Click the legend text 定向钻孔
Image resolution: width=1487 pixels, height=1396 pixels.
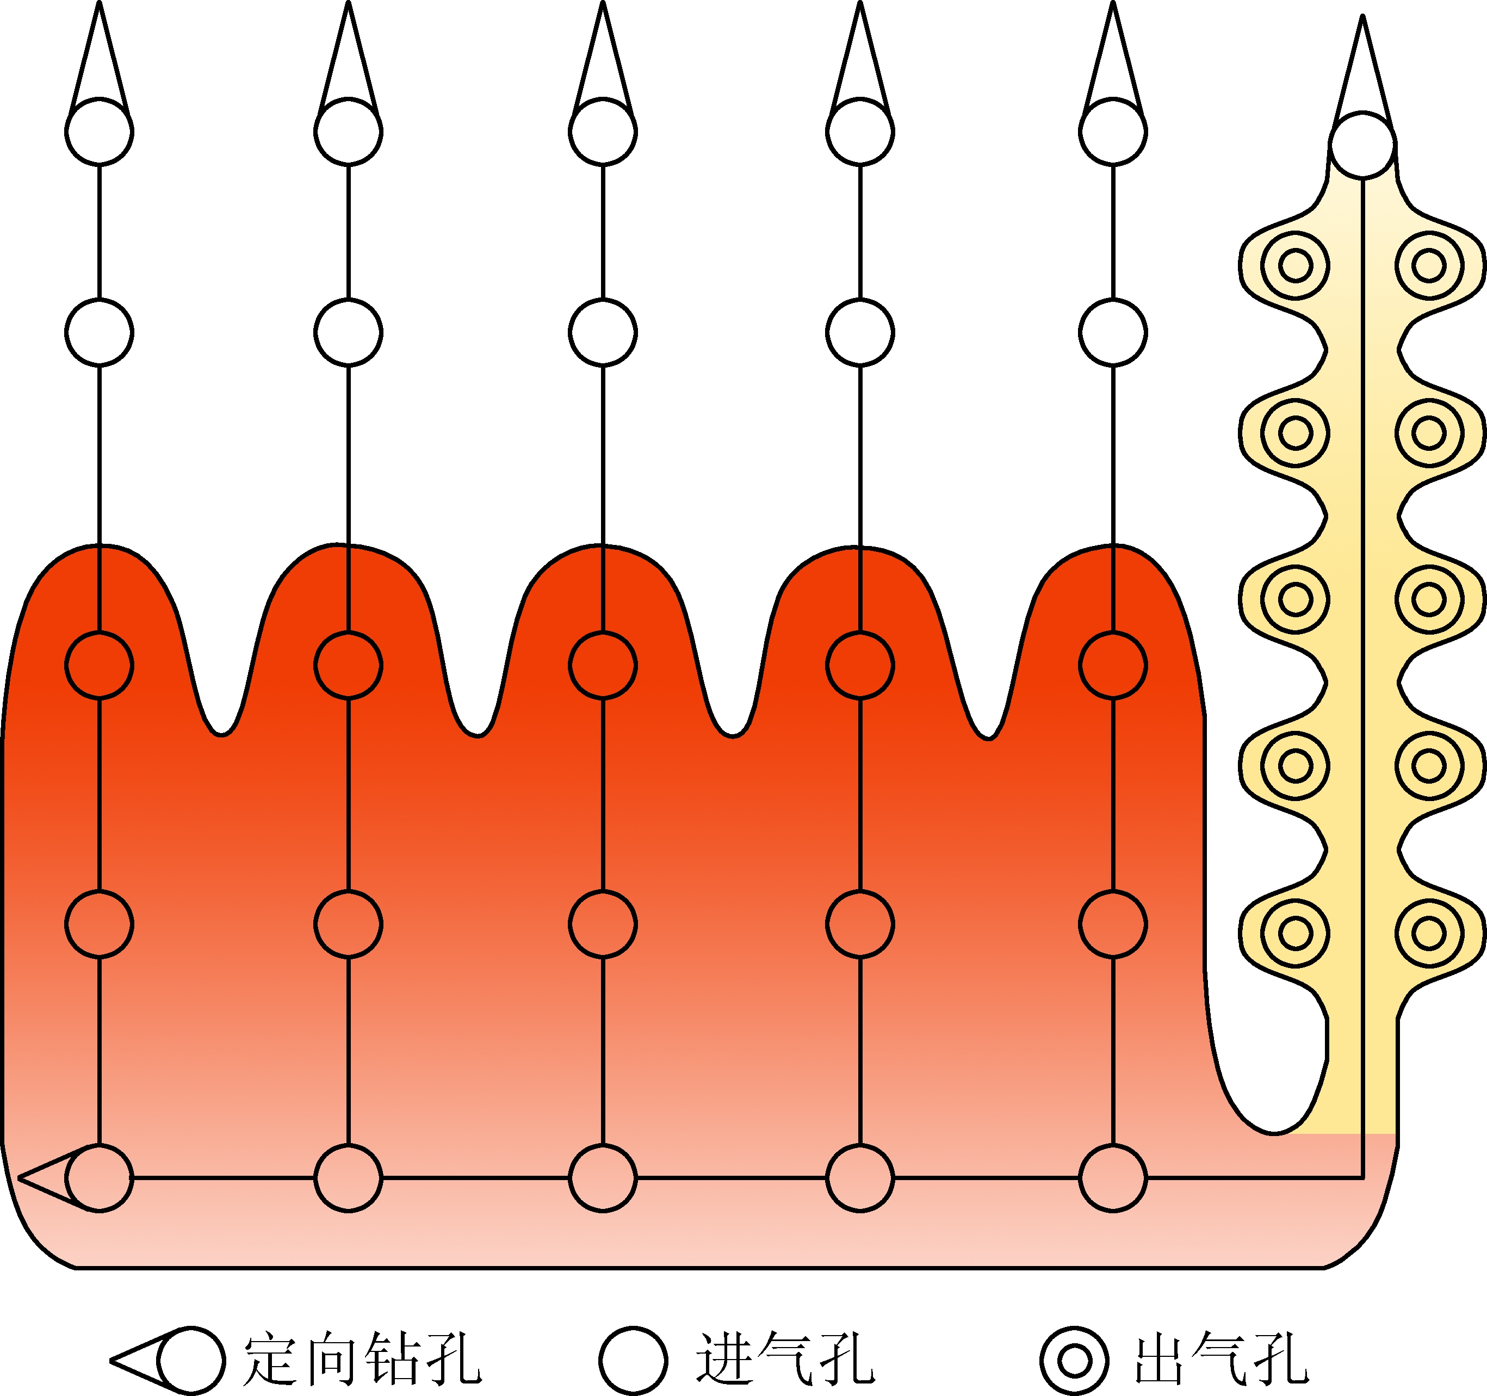(x=362, y=1358)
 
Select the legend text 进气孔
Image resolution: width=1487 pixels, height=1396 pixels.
(x=785, y=1358)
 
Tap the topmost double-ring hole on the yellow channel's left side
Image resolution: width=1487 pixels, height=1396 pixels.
(x=1295, y=265)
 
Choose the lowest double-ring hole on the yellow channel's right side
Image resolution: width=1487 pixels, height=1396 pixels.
(x=1429, y=933)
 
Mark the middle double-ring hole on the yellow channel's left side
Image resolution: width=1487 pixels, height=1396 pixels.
(x=1295, y=599)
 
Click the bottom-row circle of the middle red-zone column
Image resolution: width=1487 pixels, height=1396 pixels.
(x=602, y=1178)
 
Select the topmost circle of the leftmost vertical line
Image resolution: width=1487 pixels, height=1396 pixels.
(x=99, y=132)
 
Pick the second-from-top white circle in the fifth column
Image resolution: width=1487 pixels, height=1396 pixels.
(x=1112, y=332)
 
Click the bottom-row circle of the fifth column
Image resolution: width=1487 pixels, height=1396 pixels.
(x=1112, y=1178)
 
